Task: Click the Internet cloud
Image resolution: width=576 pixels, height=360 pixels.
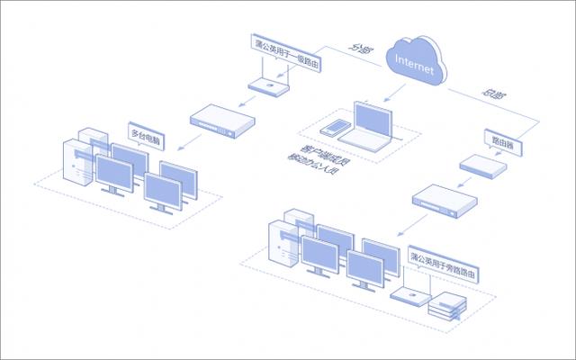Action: click(x=415, y=63)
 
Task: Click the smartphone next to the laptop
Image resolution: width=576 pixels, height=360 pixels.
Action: click(x=336, y=130)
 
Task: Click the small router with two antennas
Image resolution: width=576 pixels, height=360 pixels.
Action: click(x=265, y=85)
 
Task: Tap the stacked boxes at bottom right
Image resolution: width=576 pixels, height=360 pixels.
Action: click(x=446, y=306)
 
